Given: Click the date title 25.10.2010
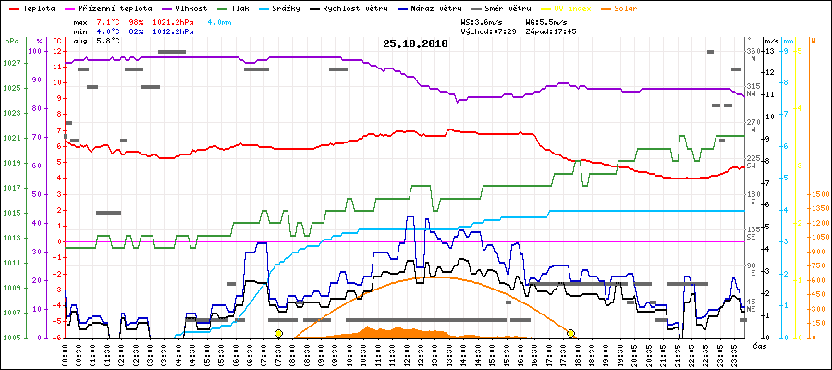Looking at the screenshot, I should point(415,43).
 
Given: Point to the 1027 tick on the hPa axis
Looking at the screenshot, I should point(11,63).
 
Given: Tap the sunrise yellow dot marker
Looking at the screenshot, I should point(278,333).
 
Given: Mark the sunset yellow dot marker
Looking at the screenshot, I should point(571,333).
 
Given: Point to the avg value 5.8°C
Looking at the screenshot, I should point(112,42).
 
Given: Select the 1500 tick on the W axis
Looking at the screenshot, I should point(819,195).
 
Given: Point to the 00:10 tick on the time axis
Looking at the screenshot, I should point(66,353).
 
